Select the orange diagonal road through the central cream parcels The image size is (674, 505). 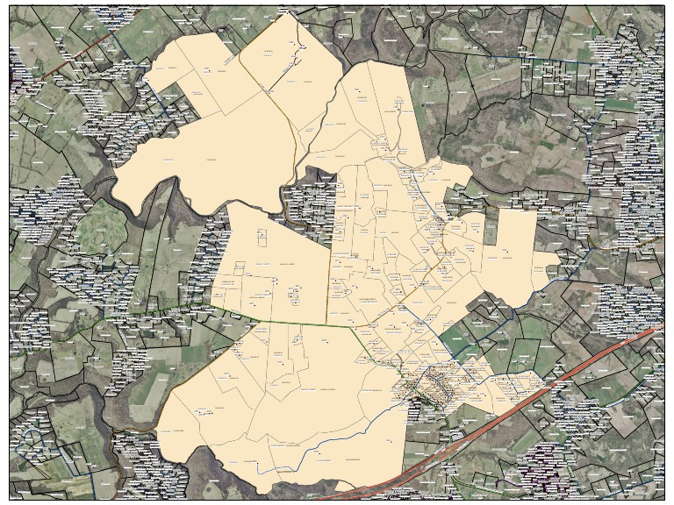(412, 289)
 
